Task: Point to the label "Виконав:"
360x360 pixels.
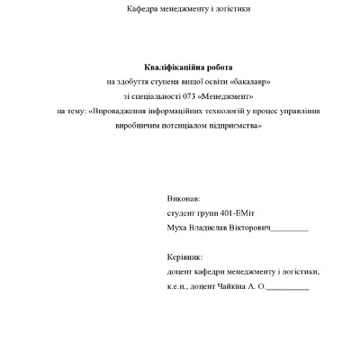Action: [184, 198]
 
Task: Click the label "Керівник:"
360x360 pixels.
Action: [185, 256]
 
